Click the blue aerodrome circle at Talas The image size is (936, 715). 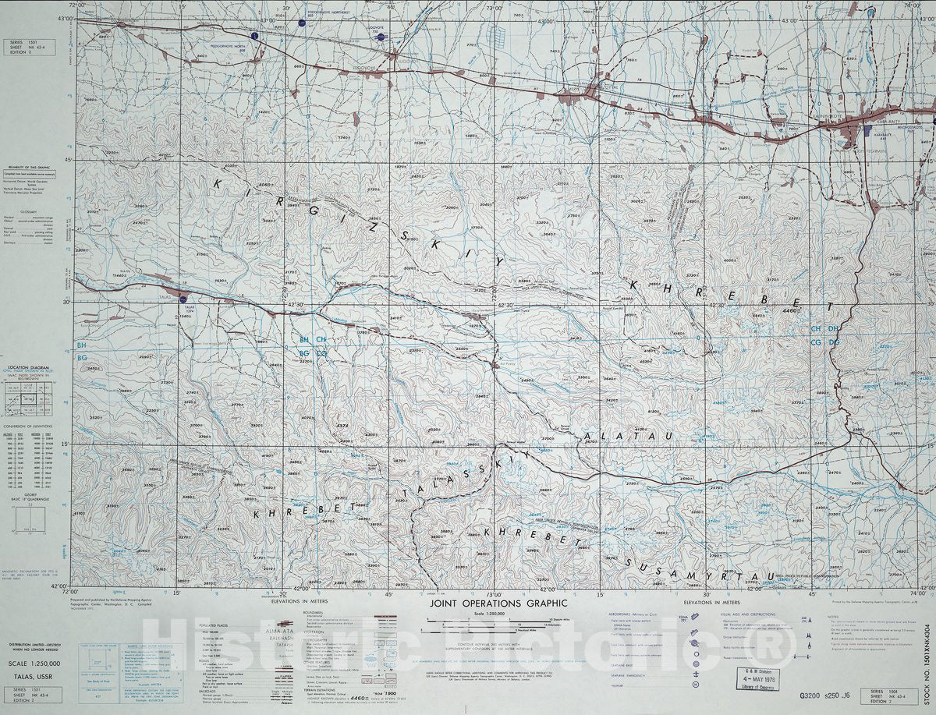184,298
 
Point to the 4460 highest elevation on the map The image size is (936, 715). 790,310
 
